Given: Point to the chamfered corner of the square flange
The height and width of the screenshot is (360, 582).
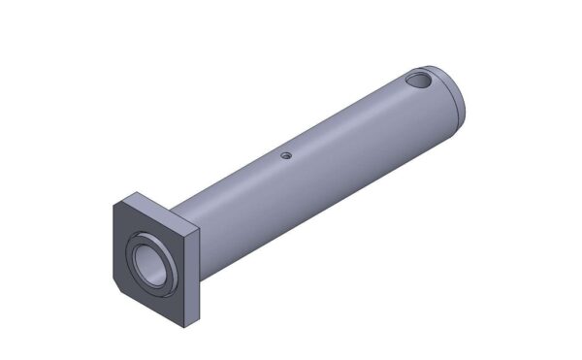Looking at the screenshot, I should [x=116, y=287].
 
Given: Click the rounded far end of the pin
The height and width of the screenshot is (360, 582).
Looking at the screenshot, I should [x=456, y=97].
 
